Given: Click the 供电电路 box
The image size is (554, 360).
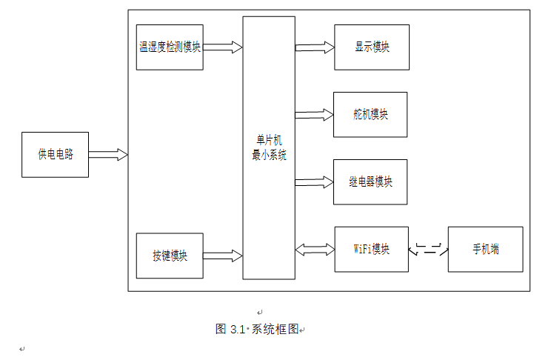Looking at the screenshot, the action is pyautogui.click(x=55, y=155).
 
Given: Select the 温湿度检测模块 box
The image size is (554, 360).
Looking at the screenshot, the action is pyautogui.click(x=170, y=47).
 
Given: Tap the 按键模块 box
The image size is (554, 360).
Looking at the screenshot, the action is pyautogui.click(x=170, y=256).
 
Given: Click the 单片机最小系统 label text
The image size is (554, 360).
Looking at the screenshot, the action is pyautogui.click(x=269, y=147).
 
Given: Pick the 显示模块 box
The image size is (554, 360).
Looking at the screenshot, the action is pyautogui.click(x=372, y=47).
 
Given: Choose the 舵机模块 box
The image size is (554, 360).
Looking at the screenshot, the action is pyautogui.click(x=370, y=115).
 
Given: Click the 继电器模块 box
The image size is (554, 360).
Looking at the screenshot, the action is pyautogui.click(x=370, y=182).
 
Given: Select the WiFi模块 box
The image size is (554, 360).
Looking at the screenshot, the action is pyautogui.click(x=371, y=250).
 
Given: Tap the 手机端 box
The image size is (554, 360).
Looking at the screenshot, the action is pyautogui.click(x=485, y=250).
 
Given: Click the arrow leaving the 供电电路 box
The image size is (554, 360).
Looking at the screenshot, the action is pyautogui.click(x=108, y=154).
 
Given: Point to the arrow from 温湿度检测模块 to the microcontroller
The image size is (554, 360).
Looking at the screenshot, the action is pyautogui.click(x=223, y=47).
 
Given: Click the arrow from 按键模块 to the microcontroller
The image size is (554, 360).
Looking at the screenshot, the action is pyautogui.click(x=223, y=256).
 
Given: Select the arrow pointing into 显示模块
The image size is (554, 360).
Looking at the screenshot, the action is pyautogui.click(x=315, y=47).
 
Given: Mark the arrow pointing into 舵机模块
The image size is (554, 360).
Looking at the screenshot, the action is pyautogui.click(x=315, y=115).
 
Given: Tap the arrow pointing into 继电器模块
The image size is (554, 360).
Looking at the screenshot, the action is pyautogui.click(x=315, y=182).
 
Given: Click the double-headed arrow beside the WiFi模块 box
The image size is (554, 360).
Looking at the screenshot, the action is pyautogui.click(x=315, y=250).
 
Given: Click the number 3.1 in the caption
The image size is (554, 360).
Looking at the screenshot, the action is pyautogui.click(x=238, y=330).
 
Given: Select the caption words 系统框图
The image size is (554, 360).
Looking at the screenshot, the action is pyautogui.click(x=275, y=330).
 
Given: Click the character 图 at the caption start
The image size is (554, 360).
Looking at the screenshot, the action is pyautogui.click(x=221, y=329).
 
